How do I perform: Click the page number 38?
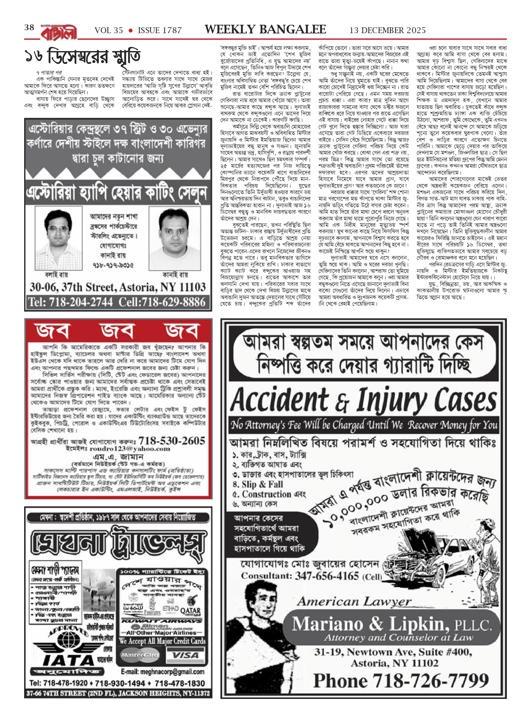point(29,28)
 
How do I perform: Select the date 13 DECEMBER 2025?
point(387,30)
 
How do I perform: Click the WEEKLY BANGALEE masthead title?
point(265,30)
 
